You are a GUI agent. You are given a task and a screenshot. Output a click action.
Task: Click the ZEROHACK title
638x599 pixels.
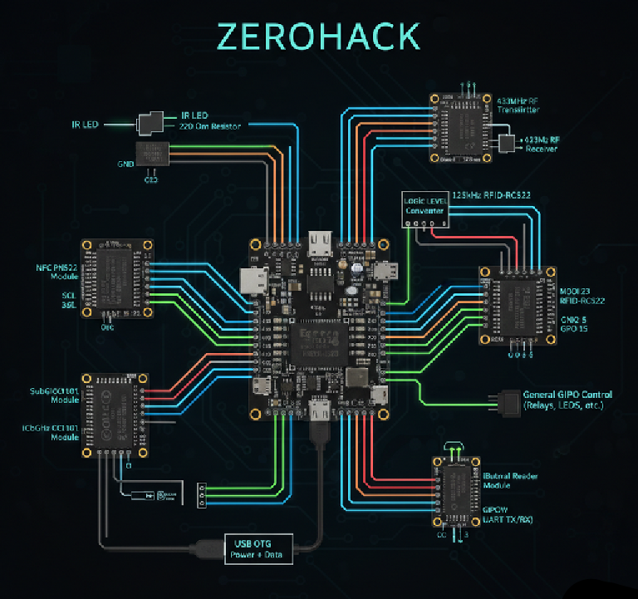point(318,37)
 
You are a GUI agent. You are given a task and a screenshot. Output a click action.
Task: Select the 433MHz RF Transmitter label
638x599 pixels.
point(517,105)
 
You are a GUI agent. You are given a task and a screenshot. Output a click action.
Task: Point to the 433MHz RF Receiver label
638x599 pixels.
point(540,144)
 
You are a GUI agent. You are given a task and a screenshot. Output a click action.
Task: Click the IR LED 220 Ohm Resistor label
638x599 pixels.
point(210,121)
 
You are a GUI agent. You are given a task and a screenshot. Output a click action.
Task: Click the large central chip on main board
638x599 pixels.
point(318,338)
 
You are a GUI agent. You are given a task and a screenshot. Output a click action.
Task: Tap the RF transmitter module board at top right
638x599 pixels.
point(457,127)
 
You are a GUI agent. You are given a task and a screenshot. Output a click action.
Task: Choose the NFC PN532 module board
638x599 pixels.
point(116,277)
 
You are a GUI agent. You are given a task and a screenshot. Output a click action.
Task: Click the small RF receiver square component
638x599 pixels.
point(505,145)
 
